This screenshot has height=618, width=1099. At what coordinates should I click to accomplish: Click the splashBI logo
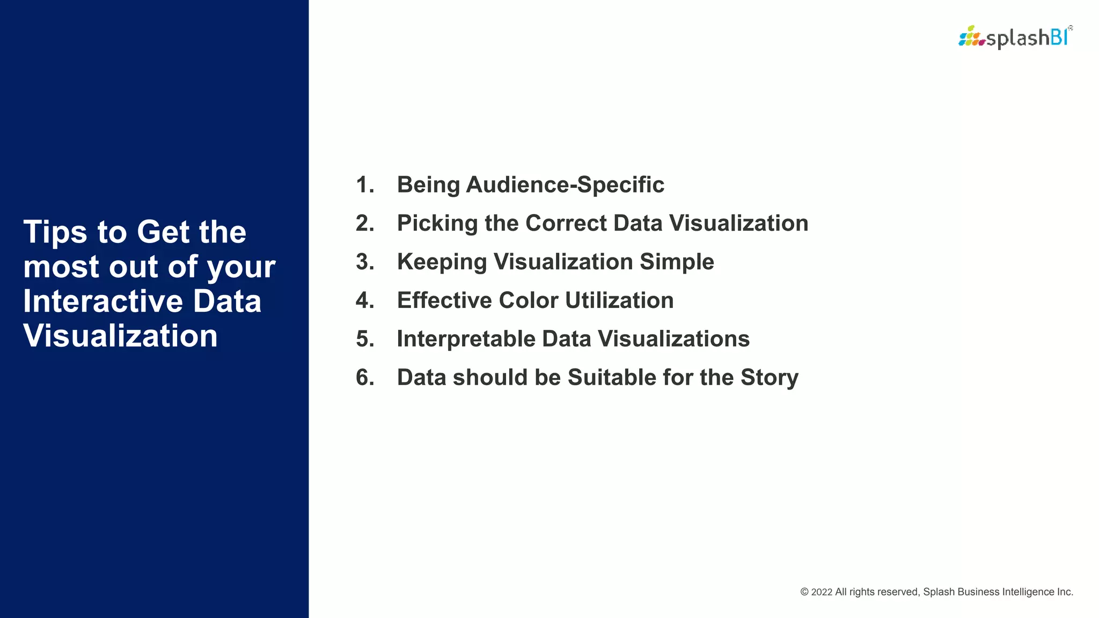[x=1015, y=38]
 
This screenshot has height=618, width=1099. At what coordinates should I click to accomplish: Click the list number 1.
[x=364, y=185]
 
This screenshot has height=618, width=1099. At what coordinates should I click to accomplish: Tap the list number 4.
[x=364, y=300]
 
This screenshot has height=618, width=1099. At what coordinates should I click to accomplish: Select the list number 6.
[x=364, y=378]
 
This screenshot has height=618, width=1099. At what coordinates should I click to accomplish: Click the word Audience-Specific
[x=565, y=185]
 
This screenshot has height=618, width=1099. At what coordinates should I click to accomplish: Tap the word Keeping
[x=441, y=262]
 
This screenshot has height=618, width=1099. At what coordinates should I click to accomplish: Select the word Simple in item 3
[x=677, y=262]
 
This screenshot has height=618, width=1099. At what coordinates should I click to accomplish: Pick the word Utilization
[x=619, y=300]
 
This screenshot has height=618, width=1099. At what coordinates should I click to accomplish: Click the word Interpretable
[x=465, y=339]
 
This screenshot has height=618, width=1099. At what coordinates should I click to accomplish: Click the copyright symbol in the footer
[x=804, y=592]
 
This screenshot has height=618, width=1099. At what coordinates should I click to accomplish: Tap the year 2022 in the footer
[x=822, y=592]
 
